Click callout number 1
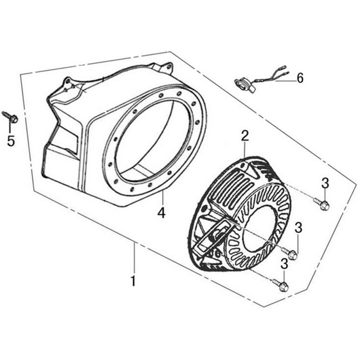pyautogui.click(x=133, y=281)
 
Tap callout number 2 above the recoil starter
pyautogui.click(x=245, y=137)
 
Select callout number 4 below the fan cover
pyautogui.click(x=162, y=213)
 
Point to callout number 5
pyautogui.click(x=11, y=141)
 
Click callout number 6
pyautogui.click(x=300, y=78)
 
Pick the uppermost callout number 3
pyautogui.click(x=325, y=183)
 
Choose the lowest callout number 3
pyautogui.click(x=284, y=264)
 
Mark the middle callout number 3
pyautogui.click(x=298, y=228)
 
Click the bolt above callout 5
pyautogui.click(x=10, y=117)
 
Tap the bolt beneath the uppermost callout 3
pyautogui.click(x=322, y=203)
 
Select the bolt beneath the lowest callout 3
pyautogui.click(x=281, y=285)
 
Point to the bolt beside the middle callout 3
pyautogui.click(x=289, y=253)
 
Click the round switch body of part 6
pyautogui.click(x=241, y=83)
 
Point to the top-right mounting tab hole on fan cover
pyautogui.click(x=169, y=67)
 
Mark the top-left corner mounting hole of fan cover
pyautogui.click(x=68, y=82)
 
